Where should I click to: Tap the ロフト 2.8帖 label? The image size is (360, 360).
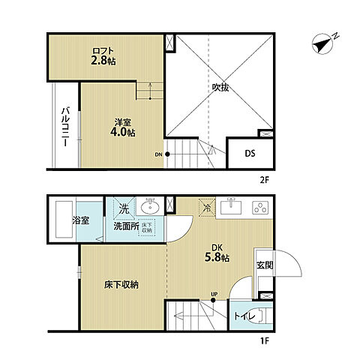tap(103, 57)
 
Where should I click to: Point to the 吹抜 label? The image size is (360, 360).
tap(220, 87)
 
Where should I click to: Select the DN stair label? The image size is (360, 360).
tap(158, 155)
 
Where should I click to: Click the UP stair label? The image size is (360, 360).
tap(214, 293)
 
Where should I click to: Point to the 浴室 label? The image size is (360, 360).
tap(81, 222)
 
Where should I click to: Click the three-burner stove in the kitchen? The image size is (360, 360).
tap(259, 206)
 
